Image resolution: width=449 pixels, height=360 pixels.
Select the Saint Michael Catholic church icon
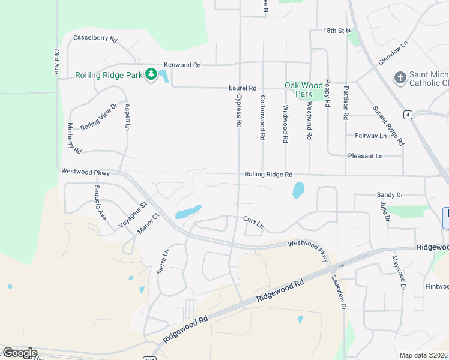(x=400, y=77)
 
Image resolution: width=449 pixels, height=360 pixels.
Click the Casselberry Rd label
(x=95, y=38)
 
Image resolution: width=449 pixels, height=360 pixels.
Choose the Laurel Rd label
(x=243, y=88)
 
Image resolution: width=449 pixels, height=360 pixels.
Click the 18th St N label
(x=336, y=30)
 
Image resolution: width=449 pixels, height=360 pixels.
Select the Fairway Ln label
(x=370, y=136)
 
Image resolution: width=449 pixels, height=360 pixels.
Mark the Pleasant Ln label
(x=365, y=156)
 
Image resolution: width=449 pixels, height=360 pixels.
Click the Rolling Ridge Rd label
(x=268, y=175)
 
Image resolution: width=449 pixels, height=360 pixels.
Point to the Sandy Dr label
(x=390, y=195)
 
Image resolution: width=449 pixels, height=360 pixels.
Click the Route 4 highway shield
(x=408, y=115)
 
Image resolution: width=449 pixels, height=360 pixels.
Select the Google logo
(x=19, y=353)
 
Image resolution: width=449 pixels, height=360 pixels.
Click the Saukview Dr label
(x=339, y=292)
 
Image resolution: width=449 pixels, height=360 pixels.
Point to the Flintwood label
(x=436, y=286)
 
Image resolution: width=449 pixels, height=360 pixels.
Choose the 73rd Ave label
(x=57, y=61)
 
